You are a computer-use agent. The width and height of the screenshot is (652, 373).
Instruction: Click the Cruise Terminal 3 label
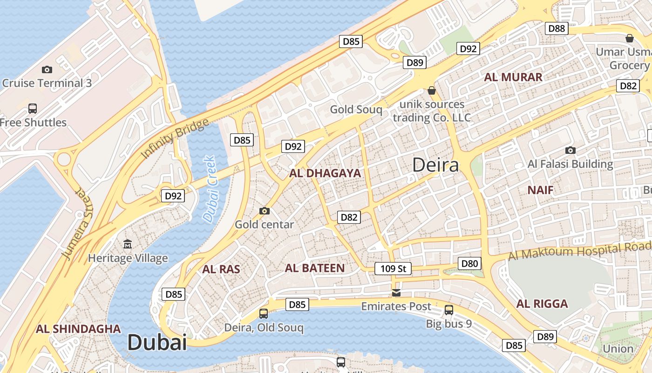point(47,83)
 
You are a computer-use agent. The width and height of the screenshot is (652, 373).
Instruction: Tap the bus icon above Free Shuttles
point(33,109)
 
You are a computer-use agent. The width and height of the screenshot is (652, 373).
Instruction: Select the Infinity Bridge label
point(175,139)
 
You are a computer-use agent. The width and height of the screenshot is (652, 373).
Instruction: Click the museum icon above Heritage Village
point(128,244)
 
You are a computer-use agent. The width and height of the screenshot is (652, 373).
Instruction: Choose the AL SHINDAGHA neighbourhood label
point(78,329)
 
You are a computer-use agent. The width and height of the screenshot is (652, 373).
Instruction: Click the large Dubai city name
point(157,343)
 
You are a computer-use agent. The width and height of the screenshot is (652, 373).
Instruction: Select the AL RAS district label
point(221,269)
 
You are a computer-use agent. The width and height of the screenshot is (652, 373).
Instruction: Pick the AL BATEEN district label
point(315,268)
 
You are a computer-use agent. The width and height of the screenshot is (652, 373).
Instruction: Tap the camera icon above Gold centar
point(265,211)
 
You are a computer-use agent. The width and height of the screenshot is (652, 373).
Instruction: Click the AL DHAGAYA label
point(325,173)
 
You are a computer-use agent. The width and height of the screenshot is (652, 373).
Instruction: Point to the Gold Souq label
point(356,110)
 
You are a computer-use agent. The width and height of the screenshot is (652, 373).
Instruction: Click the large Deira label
point(435,165)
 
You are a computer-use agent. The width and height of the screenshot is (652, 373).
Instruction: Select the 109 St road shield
point(393,269)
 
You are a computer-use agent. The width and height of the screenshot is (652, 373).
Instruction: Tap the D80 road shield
point(469,264)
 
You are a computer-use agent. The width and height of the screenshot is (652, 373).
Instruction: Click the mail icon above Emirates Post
point(396,293)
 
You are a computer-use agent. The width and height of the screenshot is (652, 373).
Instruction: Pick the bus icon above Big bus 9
point(449,310)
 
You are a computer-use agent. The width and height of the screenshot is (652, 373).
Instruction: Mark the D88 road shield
point(557,28)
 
